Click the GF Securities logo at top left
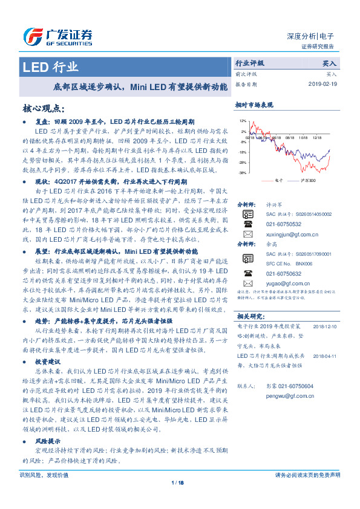click(x=57, y=35)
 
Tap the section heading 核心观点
click(x=43, y=108)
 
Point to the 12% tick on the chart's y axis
click(x=242, y=122)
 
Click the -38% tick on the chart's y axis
click(x=241, y=173)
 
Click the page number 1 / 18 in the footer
click(x=178, y=482)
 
